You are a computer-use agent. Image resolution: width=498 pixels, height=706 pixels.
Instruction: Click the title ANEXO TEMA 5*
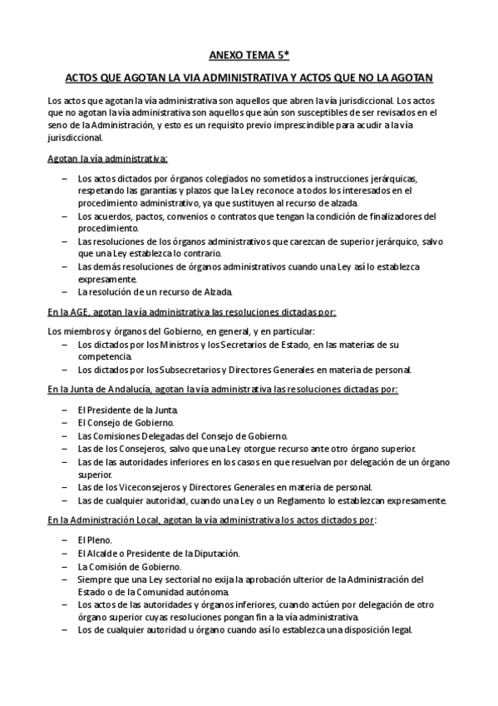click(249, 56)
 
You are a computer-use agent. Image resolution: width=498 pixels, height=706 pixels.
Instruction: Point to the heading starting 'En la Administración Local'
click(211, 520)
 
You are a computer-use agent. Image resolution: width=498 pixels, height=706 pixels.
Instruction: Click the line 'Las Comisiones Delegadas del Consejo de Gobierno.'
click(182, 435)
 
